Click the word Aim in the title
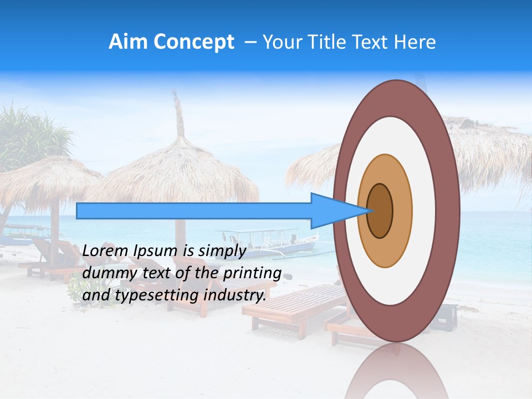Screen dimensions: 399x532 click(129, 42)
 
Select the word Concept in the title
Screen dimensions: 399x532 click(194, 42)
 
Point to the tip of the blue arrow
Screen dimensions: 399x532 click(370, 211)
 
